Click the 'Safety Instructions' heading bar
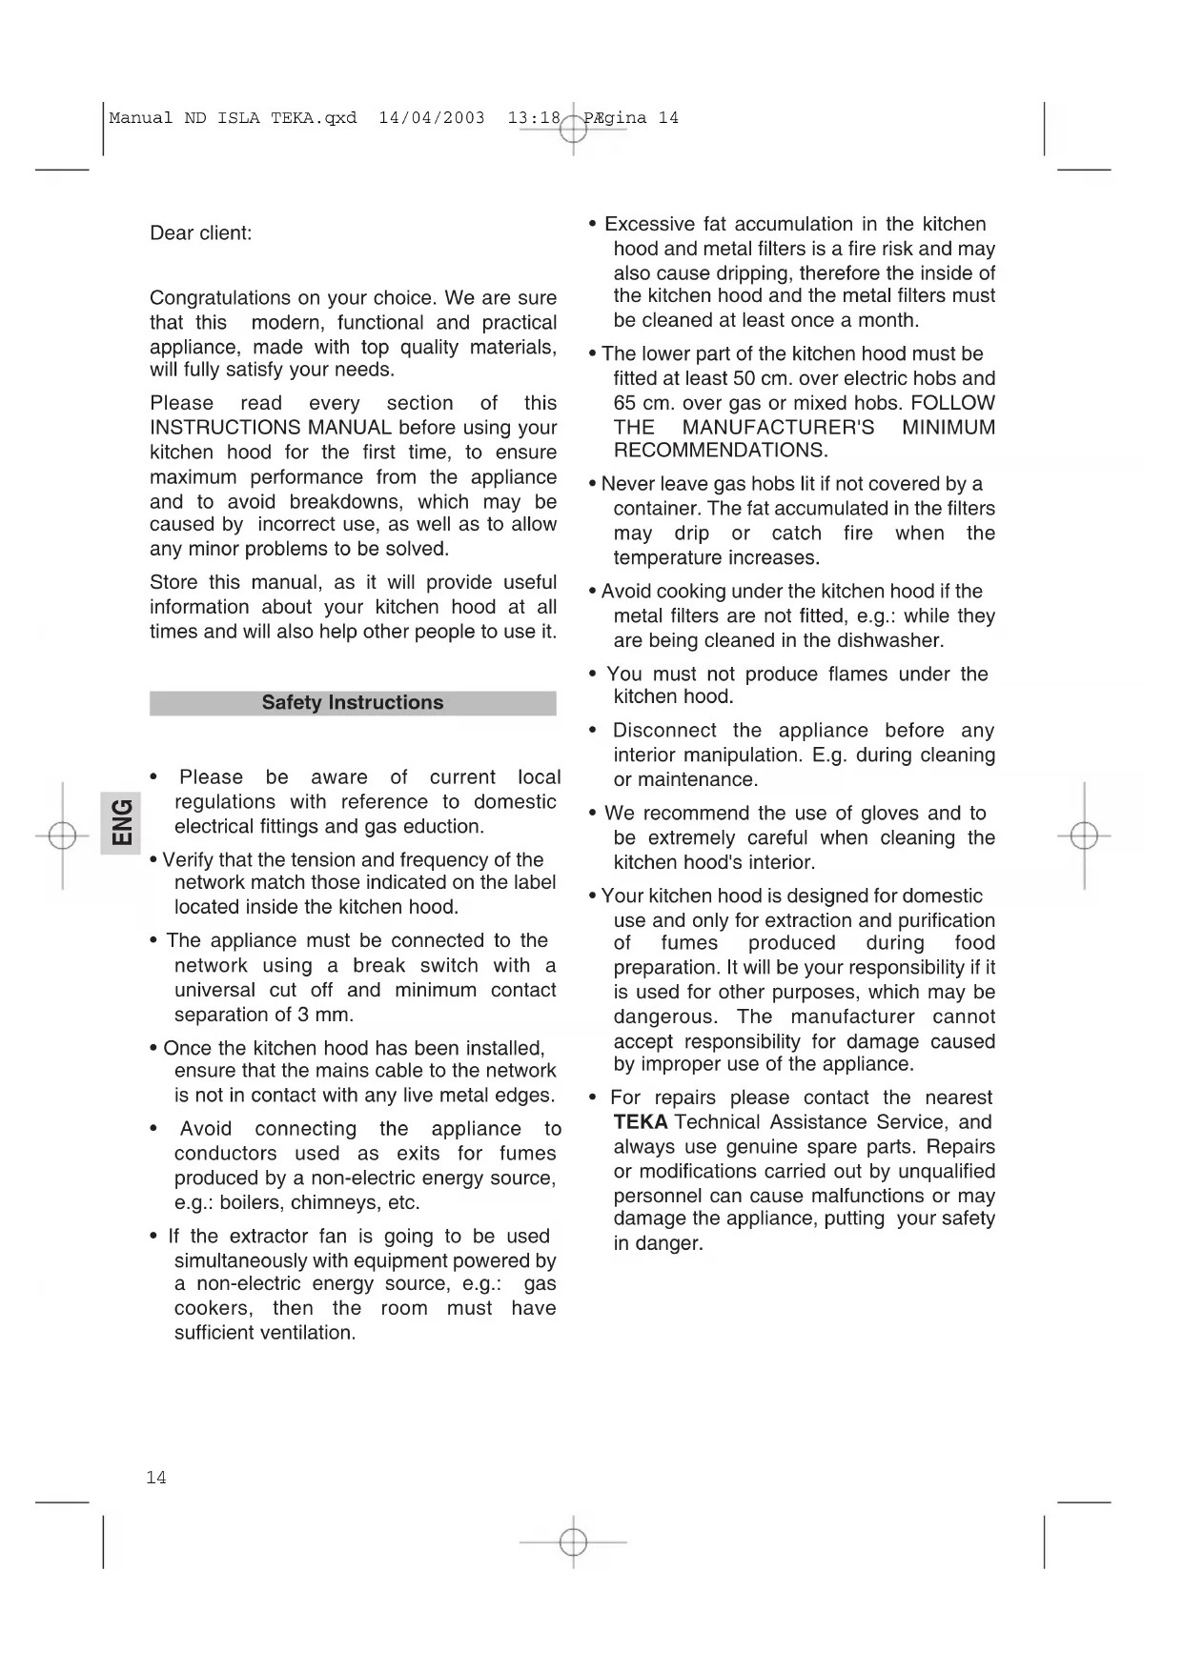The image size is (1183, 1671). [x=353, y=703]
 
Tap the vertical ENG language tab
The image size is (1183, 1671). [x=121, y=822]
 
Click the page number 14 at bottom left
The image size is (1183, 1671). [x=155, y=1478]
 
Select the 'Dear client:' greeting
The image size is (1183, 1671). [x=201, y=233]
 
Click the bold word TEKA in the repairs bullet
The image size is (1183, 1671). [x=640, y=1122]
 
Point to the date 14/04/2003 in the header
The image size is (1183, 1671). [x=432, y=118]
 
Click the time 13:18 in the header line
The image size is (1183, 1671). [x=534, y=118]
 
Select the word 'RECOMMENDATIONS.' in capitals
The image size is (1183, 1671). [x=721, y=450]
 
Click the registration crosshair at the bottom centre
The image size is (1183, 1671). [x=573, y=1541]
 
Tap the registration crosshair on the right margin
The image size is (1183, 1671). [x=1084, y=835]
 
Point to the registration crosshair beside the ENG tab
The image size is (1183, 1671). [x=62, y=835]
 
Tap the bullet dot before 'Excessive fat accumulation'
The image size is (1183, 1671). [x=593, y=225]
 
